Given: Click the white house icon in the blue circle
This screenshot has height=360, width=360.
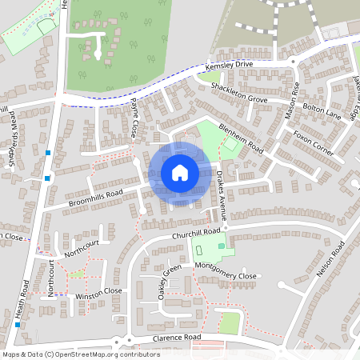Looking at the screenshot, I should click(x=179, y=172).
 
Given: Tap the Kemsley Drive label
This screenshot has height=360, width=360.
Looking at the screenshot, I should click(x=229, y=68).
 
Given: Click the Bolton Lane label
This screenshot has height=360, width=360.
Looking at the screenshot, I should click(x=328, y=106).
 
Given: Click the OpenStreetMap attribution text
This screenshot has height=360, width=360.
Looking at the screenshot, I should click(x=81, y=354).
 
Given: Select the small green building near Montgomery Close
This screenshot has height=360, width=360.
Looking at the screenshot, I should click(x=222, y=246).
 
